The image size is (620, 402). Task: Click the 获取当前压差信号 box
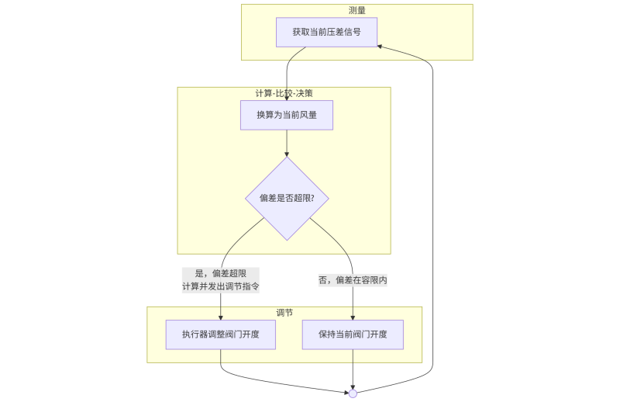pyautogui.click(x=326, y=32)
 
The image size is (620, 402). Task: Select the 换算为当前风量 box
pyautogui.click(x=286, y=115)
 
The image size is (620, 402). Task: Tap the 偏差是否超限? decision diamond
pyautogui.click(x=287, y=199)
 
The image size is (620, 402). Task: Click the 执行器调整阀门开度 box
pyautogui.click(x=221, y=334)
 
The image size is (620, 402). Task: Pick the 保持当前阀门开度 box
pyautogui.click(x=353, y=334)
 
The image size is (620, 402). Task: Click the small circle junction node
pyautogui.click(x=353, y=393)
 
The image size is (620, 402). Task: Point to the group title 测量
pyautogui.click(x=357, y=10)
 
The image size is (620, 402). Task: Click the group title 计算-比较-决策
pyautogui.click(x=284, y=93)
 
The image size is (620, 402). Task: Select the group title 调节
pyautogui.click(x=284, y=312)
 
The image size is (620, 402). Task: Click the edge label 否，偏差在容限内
pyautogui.click(x=353, y=280)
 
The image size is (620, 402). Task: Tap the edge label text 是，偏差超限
pyautogui.click(x=221, y=273)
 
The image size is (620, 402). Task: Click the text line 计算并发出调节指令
pyautogui.click(x=221, y=286)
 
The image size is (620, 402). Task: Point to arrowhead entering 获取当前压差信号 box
pyautogui.click(x=381, y=45)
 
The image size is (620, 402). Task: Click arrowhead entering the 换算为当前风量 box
pyautogui.click(x=287, y=97)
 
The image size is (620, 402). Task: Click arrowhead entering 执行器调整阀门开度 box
pyautogui.click(x=221, y=317)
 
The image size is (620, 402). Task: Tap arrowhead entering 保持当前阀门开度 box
pyautogui.click(x=353, y=317)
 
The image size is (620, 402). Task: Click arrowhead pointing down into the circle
pyautogui.click(x=353, y=386)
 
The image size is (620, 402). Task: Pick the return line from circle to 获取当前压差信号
pyautogui.click(x=432, y=233)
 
